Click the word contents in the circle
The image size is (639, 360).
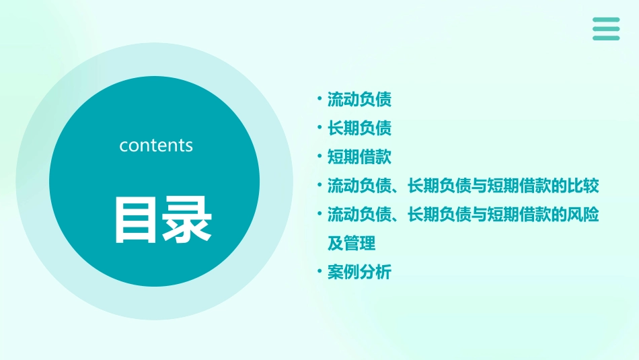coord(156,145)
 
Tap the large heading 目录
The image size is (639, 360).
coord(163,219)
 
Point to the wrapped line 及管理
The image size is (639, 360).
coord(351,243)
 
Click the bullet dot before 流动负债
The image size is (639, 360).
coord(319,100)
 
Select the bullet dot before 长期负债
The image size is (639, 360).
coord(319,129)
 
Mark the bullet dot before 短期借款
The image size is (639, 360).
coord(319,157)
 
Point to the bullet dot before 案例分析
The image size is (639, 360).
coord(319,273)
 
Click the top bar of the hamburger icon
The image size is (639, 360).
coord(606,20)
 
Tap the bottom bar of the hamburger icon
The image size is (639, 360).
coord(606,38)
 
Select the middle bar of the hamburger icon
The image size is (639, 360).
coord(606,29)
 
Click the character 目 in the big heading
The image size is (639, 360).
coord(137,219)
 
